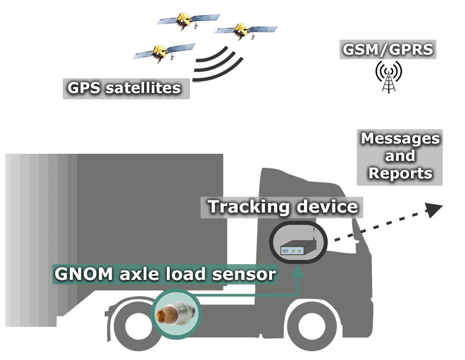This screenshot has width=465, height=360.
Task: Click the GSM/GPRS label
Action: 388,49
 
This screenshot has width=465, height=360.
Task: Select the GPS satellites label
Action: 125,89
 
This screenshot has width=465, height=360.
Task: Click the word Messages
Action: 400,139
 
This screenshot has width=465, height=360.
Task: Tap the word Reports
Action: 400,173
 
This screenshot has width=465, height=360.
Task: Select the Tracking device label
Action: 282,207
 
